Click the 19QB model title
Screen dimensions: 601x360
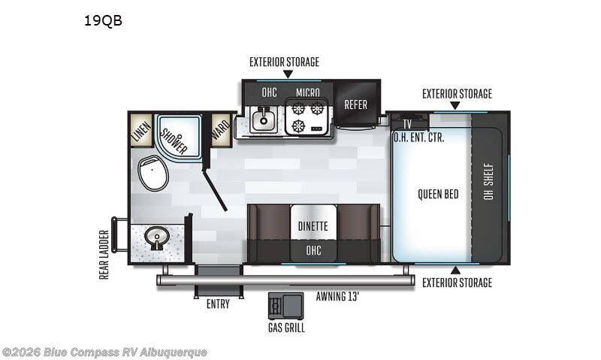click(x=103, y=20)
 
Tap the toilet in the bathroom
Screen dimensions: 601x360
click(x=153, y=174)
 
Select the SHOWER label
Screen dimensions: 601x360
click(x=174, y=141)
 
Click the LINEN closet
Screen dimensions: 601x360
click(x=141, y=131)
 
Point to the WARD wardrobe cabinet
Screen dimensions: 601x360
click(x=221, y=129)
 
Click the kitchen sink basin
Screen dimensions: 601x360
click(x=264, y=119)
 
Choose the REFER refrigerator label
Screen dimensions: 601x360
click(x=355, y=104)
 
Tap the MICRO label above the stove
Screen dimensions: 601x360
click(x=308, y=92)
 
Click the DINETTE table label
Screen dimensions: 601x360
click(x=313, y=225)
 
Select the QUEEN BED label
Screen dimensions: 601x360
click(x=438, y=194)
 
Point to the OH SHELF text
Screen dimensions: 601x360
click(x=488, y=181)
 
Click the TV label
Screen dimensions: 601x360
click(x=407, y=124)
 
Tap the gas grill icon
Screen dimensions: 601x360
click(x=286, y=305)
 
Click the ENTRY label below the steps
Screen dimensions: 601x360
click(x=218, y=304)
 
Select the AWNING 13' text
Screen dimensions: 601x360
click(x=337, y=296)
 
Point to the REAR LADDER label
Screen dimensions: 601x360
click(x=104, y=255)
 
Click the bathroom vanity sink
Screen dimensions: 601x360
click(x=157, y=237)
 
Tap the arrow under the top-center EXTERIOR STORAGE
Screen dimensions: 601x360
click(x=288, y=74)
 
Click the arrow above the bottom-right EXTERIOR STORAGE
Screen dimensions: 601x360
click(x=455, y=271)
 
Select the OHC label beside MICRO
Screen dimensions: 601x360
click(x=269, y=92)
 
